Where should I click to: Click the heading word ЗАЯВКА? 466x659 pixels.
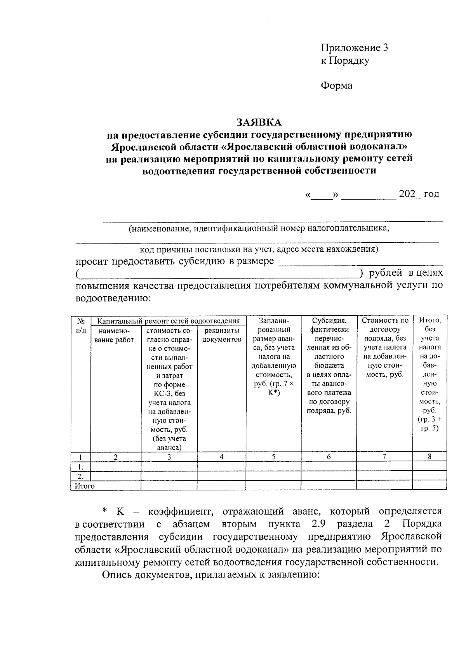pos(259,122)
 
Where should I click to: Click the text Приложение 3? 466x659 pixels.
pos(354,48)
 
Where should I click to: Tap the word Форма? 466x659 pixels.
pos(336,85)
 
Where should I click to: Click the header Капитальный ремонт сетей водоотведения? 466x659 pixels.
pos(168,321)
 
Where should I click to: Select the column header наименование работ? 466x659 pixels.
pos(115,335)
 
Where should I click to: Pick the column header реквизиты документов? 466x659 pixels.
pos(221,335)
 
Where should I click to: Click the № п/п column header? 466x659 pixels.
pos(81,325)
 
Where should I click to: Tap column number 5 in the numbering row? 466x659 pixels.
pos(273,457)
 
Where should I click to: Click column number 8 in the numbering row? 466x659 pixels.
pos(429,457)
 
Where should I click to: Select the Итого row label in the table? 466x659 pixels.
pos(85,486)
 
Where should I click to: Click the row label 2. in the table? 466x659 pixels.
pos(80,476)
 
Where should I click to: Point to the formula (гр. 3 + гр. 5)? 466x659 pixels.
pos(429,424)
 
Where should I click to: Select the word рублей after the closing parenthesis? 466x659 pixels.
pos(385,273)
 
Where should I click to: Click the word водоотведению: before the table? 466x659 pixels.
pos(113,298)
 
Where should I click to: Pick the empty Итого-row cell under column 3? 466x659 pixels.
pos(169,485)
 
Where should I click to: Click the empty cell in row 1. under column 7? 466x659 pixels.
pos(384,466)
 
